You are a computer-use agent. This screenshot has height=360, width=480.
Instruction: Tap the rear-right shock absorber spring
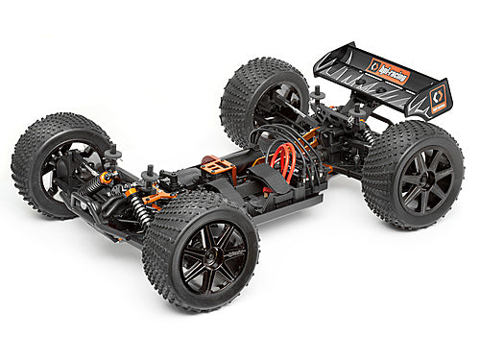[x=369, y=135]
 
